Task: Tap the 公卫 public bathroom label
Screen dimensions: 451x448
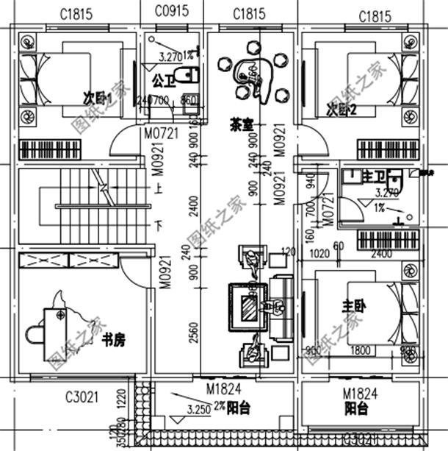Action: (162, 77)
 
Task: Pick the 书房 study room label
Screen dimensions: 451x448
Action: (114, 339)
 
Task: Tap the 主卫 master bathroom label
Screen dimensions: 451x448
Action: (373, 177)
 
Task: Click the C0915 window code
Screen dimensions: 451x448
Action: (170, 13)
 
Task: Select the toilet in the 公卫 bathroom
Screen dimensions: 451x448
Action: (189, 75)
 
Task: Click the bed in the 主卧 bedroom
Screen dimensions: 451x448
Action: (367, 309)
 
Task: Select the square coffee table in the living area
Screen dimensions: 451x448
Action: (247, 303)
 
